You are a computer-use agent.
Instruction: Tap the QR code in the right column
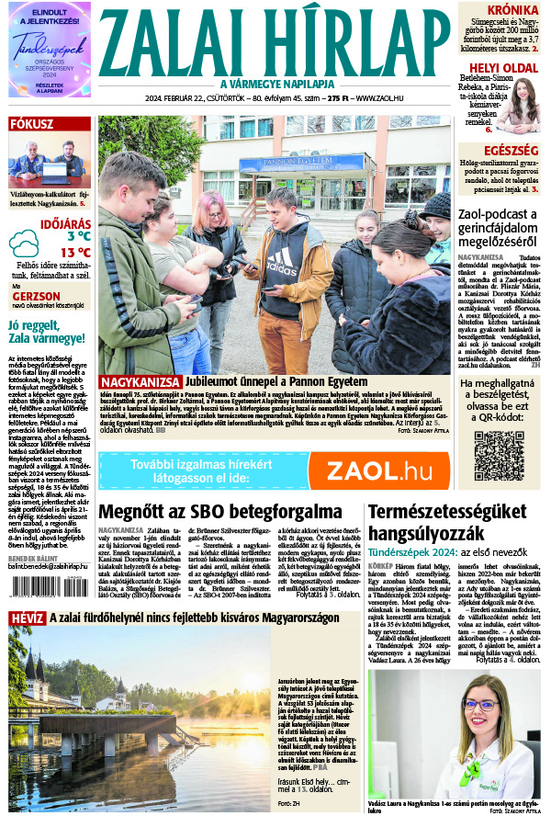(499, 455)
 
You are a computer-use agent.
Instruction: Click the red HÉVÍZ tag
(27, 618)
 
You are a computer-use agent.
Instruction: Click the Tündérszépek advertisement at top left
(50, 49)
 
